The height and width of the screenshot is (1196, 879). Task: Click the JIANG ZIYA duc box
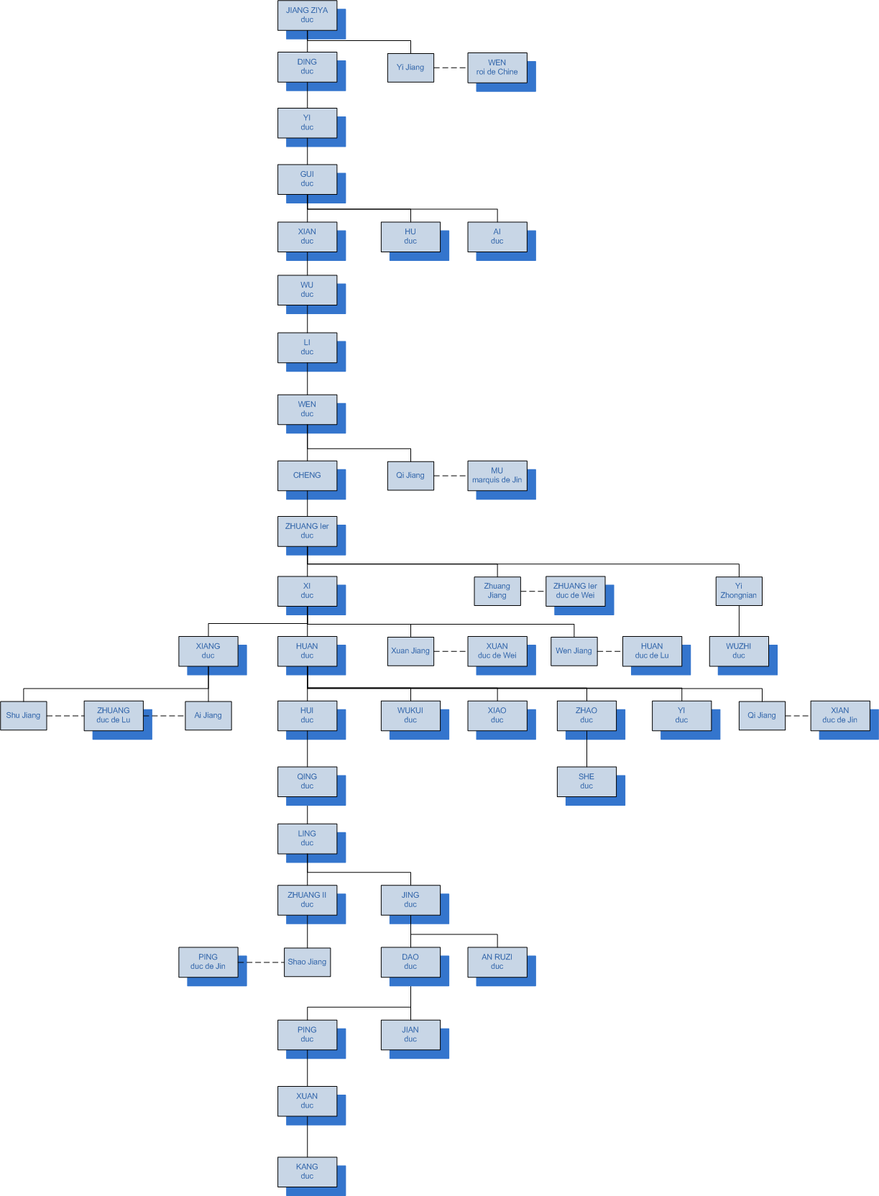pyautogui.click(x=307, y=15)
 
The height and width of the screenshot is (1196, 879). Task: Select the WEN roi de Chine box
pyautogui.click(x=497, y=68)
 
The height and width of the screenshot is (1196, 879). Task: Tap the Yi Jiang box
pyautogui.click(x=410, y=68)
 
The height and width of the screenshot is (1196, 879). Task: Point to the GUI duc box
pyautogui.click(x=307, y=179)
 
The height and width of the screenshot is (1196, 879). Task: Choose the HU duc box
pyautogui.click(x=410, y=236)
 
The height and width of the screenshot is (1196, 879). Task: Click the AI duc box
pyautogui.click(x=497, y=236)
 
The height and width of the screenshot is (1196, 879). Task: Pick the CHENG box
pyautogui.click(x=307, y=475)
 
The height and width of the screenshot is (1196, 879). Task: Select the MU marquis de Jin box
pyautogui.click(x=497, y=475)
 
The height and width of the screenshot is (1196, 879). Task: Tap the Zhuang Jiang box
pyautogui.click(x=497, y=591)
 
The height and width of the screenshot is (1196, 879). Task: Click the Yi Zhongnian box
pyautogui.click(x=738, y=591)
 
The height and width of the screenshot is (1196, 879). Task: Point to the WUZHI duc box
pyautogui.click(x=738, y=650)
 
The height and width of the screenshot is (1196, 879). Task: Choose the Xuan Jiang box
pyautogui.click(x=410, y=650)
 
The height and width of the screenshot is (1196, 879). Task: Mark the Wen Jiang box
pyautogui.click(x=574, y=650)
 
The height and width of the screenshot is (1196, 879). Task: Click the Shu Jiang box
pyautogui.click(x=24, y=715)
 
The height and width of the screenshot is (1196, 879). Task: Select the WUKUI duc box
pyautogui.click(x=410, y=715)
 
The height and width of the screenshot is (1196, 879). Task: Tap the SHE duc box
pyautogui.click(x=586, y=781)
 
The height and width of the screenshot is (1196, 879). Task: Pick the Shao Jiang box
pyautogui.click(x=307, y=962)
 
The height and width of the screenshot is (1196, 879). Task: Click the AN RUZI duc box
pyautogui.click(x=497, y=962)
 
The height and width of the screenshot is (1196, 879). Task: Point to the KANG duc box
pyautogui.click(x=307, y=1172)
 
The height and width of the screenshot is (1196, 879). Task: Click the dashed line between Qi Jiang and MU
pyautogui.click(x=451, y=476)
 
